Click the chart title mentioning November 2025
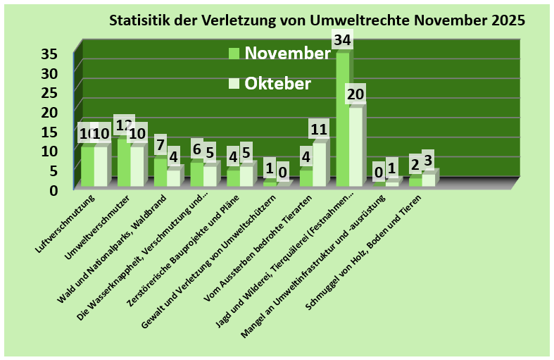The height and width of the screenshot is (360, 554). [x=317, y=20]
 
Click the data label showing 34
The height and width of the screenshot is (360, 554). [x=343, y=41]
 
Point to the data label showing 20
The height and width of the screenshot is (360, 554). [x=356, y=94]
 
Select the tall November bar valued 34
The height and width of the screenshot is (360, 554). [x=342, y=120]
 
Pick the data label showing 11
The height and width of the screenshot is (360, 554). [x=320, y=130]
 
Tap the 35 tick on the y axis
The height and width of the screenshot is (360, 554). [x=58, y=54]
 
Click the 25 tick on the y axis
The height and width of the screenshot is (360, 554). [x=58, y=92]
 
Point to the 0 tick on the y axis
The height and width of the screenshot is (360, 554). [x=62, y=189]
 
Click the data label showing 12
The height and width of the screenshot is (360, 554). [x=124, y=125]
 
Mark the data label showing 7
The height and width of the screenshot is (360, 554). [x=160, y=144]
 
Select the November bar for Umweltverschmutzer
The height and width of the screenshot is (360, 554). [x=123, y=162]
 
